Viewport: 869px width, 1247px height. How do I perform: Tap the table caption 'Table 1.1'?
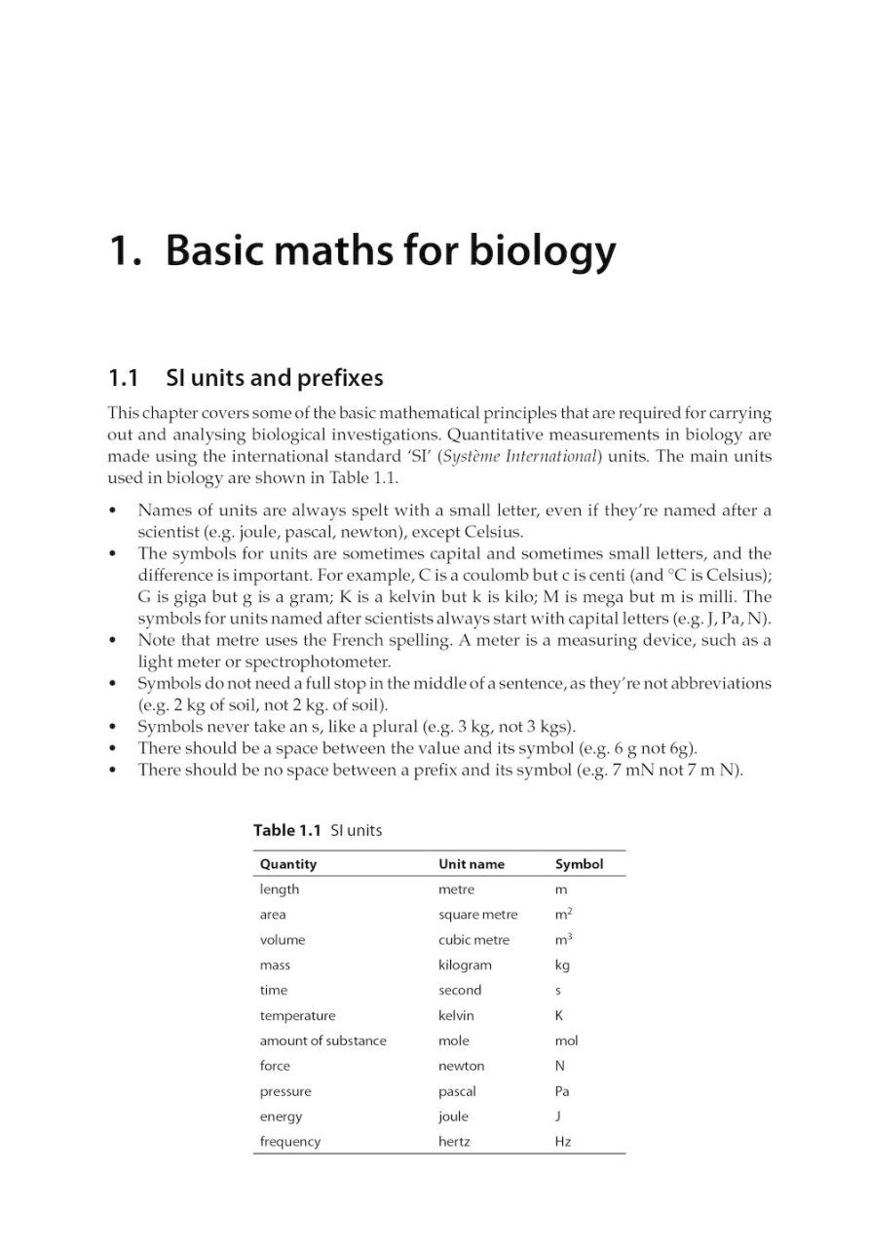pos(287,830)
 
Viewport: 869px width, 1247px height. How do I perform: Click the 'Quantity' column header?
pos(288,864)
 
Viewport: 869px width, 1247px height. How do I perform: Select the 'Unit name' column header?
pos(472,864)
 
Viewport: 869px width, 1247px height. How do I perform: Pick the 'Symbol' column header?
pos(580,864)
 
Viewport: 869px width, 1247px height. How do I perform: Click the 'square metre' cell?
pos(478,915)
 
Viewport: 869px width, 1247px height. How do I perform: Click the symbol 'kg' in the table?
pos(562,965)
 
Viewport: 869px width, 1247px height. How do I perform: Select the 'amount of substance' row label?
pos(322,1040)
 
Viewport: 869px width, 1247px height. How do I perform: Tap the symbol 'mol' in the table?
pos(565,1040)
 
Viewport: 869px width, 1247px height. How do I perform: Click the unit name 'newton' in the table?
pos(462,1066)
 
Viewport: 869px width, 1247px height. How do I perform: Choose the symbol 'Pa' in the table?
pos(563,1092)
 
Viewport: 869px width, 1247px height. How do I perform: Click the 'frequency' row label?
pos(290,1142)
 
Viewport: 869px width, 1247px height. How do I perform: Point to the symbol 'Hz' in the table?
pos(563,1142)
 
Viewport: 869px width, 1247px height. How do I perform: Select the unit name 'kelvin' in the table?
pos(457,1015)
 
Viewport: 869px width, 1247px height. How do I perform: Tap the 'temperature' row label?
pos(297,1015)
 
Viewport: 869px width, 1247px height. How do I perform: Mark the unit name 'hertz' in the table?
pos(454,1142)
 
